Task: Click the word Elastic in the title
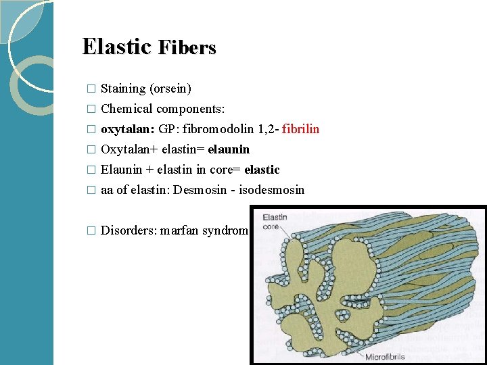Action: pyautogui.click(x=116, y=47)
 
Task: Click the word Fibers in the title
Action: pyautogui.click(x=187, y=48)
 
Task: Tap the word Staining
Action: pyautogui.click(x=123, y=89)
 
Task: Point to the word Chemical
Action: pyautogui.click(x=126, y=109)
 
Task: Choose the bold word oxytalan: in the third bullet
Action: pyautogui.click(x=128, y=129)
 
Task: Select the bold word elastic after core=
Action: pyautogui.click(x=262, y=170)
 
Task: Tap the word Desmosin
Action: pyautogui.click(x=200, y=190)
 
